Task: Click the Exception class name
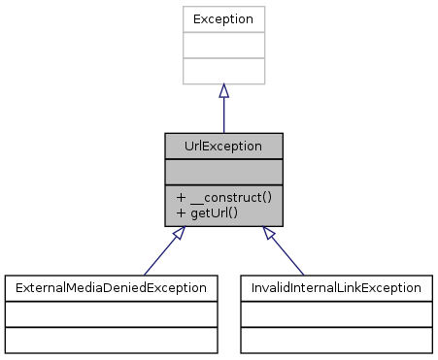[x=223, y=19]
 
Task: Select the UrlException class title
[x=223, y=146]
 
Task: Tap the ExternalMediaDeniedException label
[x=111, y=288]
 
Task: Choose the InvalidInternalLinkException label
[x=337, y=288]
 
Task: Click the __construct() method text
[x=229, y=197]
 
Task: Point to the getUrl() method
[x=214, y=213]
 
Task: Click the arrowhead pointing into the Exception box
[x=223, y=90]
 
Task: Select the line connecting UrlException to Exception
[x=223, y=115]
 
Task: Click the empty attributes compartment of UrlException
[x=223, y=172]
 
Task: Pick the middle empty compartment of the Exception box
[x=223, y=45]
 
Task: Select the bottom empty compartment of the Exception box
[x=223, y=70]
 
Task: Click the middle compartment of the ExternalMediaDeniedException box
[x=111, y=313]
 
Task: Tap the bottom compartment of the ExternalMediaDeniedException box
[x=111, y=339]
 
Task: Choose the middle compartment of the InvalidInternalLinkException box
[x=337, y=313]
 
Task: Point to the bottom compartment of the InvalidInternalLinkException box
[x=337, y=339]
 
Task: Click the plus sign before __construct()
[x=182, y=197]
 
